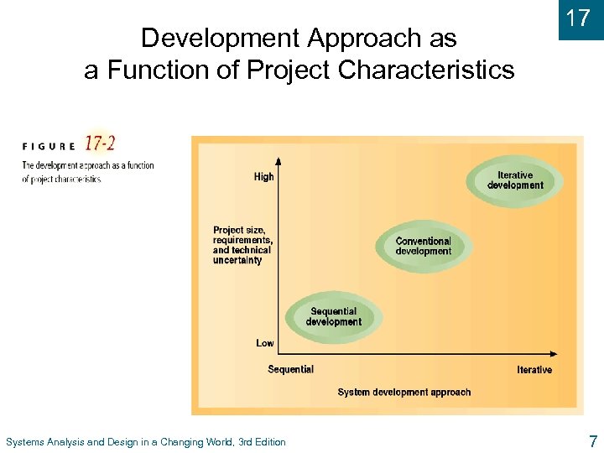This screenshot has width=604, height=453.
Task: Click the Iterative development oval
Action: point(515,181)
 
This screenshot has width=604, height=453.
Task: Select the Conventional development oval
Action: point(423,247)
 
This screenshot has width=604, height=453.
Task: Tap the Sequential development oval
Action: point(333,317)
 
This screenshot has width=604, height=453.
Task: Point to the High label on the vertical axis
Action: point(263,177)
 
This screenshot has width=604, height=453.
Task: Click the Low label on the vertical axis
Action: point(265,343)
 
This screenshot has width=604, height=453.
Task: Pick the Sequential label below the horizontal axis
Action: point(290,369)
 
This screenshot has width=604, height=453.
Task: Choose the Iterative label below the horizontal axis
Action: point(534,370)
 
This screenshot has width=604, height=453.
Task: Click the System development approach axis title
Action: point(404,392)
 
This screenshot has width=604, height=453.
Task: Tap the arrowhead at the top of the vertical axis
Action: point(279,156)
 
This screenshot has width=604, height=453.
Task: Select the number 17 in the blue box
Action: point(578,18)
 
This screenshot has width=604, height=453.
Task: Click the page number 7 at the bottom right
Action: point(593,441)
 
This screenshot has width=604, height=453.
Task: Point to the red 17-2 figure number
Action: point(100,144)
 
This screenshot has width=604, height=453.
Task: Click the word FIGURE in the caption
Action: point(48,145)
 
